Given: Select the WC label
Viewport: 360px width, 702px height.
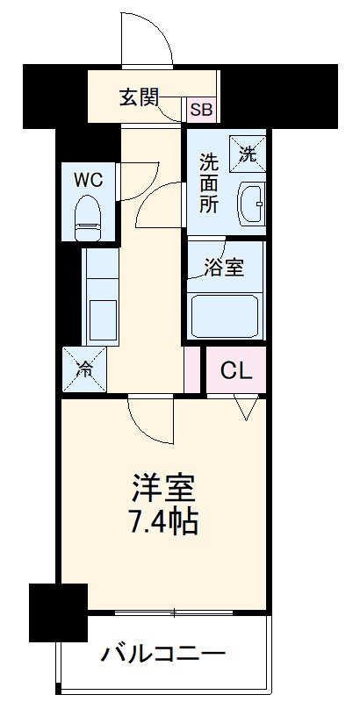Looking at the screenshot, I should pyautogui.click(x=88, y=180).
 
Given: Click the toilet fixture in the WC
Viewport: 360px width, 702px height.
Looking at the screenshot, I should pyautogui.click(x=88, y=217).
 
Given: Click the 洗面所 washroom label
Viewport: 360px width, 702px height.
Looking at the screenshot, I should pyautogui.click(x=209, y=185).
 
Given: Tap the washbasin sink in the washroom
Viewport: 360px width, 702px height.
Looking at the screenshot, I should pyautogui.click(x=251, y=205).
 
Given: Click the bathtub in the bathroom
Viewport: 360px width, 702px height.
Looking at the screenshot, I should pyautogui.click(x=227, y=313).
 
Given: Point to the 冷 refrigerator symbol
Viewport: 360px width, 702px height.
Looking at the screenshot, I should pyautogui.click(x=83, y=369).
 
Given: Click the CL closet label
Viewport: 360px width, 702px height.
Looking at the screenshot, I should pyautogui.click(x=235, y=370).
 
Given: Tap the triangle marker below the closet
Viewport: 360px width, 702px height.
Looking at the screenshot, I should pyautogui.click(x=246, y=406).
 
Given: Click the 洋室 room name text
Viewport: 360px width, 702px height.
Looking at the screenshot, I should pyautogui.click(x=163, y=488).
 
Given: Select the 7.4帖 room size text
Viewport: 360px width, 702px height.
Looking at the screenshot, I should pyautogui.click(x=163, y=523).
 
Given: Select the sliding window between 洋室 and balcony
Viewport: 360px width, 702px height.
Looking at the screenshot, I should pyautogui.click(x=176, y=612).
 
